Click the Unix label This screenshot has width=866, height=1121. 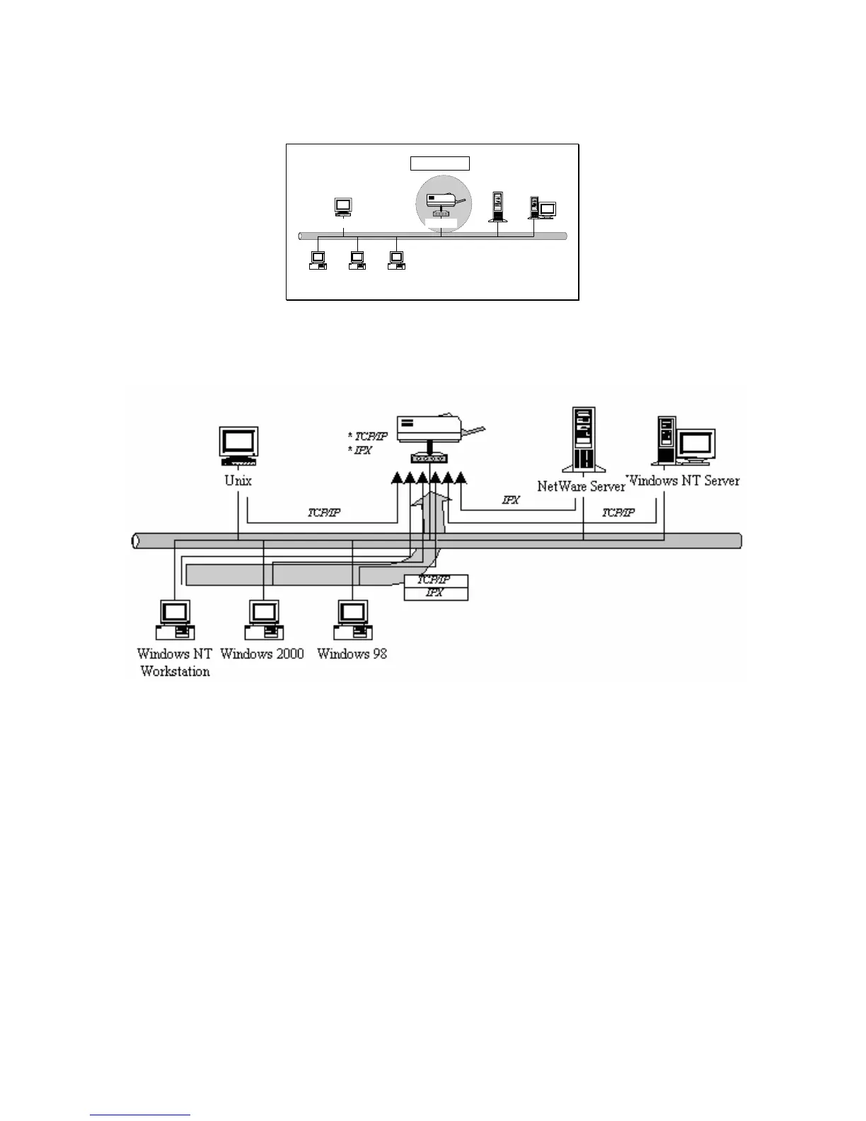(238, 481)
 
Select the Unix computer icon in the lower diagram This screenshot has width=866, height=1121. (238, 446)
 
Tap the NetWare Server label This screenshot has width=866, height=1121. (581, 486)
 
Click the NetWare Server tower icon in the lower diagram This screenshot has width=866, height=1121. (584, 439)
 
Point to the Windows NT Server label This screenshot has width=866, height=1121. (683, 481)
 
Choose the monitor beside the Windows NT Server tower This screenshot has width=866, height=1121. (696, 445)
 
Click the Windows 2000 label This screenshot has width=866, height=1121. (262, 653)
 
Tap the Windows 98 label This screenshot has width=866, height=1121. (352, 653)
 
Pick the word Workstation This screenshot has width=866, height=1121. (175, 671)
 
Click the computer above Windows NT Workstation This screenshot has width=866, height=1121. (175, 619)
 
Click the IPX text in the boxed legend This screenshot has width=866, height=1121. (434, 593)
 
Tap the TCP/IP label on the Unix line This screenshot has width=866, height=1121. (324, 512)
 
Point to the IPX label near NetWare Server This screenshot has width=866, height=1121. (511, 500)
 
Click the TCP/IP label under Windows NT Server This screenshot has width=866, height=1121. (618, 512)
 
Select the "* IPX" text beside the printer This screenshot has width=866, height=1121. (360, 450)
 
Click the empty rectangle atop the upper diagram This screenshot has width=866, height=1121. (440, 163)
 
